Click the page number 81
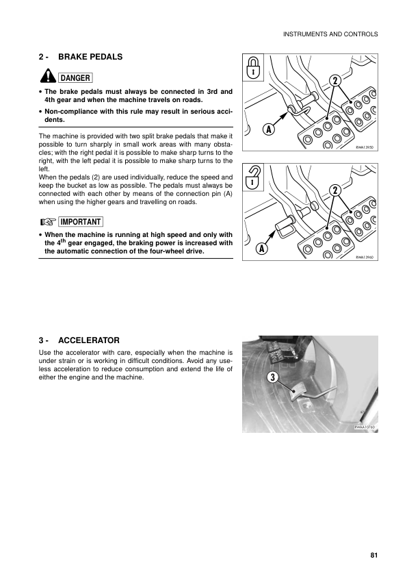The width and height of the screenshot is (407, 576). [x=373, y=555]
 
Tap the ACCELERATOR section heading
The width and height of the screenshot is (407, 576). [x=89, y=340]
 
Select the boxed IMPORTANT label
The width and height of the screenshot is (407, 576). [x=80, y=222]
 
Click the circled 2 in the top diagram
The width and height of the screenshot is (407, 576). [x=335, y=81]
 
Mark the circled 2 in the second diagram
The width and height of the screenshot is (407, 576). [x=335, y=190]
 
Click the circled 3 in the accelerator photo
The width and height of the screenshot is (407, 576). [x=272, y=378]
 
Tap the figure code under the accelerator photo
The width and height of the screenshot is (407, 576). [x=364, y=427]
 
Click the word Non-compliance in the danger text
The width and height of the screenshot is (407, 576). [x=71, y=110]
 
